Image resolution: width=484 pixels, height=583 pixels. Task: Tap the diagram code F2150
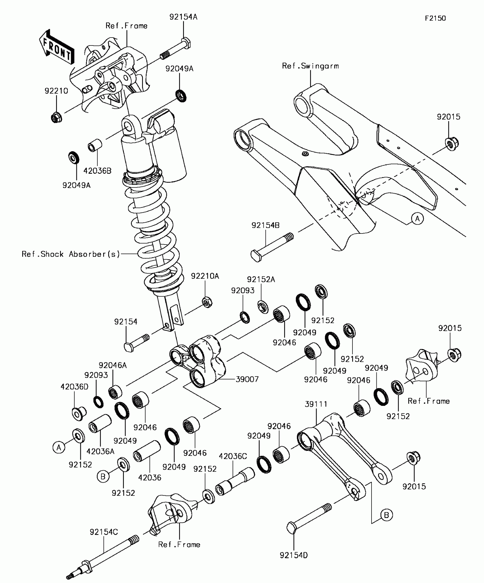click(x=435, y=18)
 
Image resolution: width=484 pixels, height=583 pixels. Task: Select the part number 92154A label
click(x=183, y=17)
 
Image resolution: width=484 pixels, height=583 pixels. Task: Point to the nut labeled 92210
click(x=56, y=117)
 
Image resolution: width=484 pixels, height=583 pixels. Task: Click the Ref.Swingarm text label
click(x=310, y=66)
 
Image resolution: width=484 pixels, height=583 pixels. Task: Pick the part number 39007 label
click(x=247, y=379)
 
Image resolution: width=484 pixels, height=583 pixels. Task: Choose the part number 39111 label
click(x=316, y=404)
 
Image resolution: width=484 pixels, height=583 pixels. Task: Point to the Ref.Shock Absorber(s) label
click(x=71, y=254)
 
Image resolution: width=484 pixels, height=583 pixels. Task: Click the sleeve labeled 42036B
click(x=95, y=145)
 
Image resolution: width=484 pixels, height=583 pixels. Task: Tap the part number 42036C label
click(x=233, y=456)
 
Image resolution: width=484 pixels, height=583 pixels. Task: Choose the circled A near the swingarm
click(x=417, y=218)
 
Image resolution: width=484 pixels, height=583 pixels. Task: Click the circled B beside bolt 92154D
click(x=386, y=515)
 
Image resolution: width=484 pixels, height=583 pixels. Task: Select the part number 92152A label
click(x=261, y=280)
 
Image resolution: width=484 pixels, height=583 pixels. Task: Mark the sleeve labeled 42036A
click(x=100, y=423)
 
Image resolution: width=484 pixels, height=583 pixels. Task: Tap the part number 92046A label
click(x=113, y=365)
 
